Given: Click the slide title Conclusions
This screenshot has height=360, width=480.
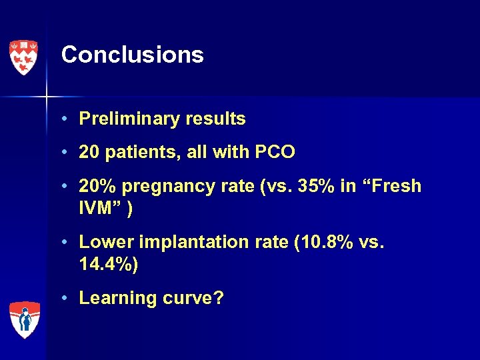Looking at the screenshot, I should click(x=132, y=55).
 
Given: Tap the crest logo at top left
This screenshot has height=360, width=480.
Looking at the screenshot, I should click(x=23, y=57).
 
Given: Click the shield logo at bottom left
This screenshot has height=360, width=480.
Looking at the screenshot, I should click(x=24, y=319).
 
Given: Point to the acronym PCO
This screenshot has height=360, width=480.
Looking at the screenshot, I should click(x=275, y=152).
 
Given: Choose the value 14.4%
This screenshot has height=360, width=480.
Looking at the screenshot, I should click(x=107, y=265).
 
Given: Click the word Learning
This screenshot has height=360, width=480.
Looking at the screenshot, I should click(x=115, y=299).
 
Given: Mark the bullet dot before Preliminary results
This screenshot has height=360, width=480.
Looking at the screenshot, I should click(x=67, y=120).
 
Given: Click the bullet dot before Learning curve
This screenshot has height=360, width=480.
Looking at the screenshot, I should click(x=67, y=299).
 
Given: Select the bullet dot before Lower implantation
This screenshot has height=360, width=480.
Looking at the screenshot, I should click(x=67, y=243).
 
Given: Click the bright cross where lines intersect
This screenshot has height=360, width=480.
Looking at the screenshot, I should click(x=46, y=97).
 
